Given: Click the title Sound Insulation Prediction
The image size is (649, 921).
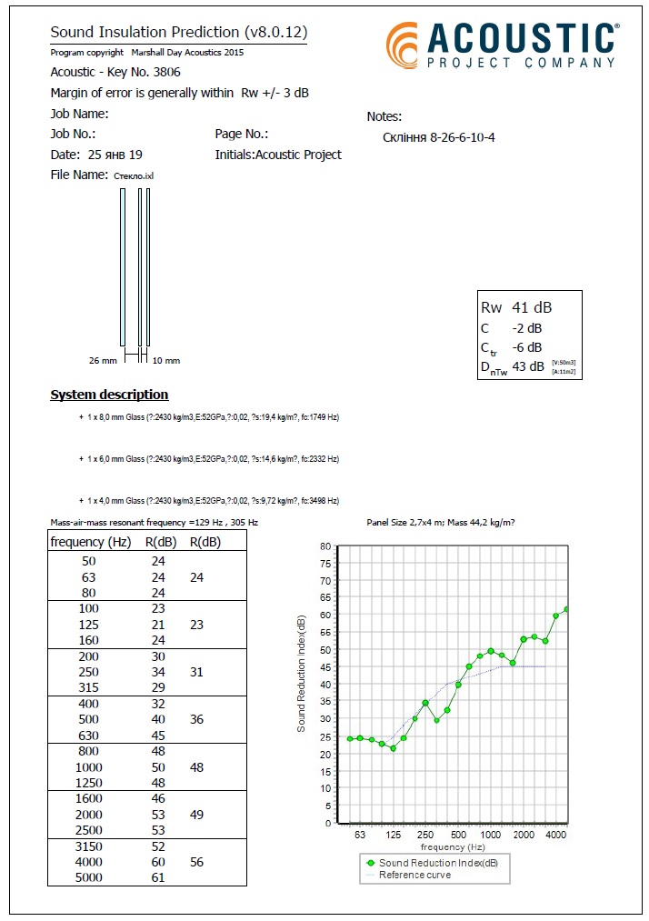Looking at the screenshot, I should coord(178,34).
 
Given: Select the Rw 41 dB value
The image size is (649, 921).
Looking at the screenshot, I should coord(516,307).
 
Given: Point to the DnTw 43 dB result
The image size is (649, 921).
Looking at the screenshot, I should coord(513,366).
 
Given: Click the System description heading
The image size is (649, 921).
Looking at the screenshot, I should coord(109,395).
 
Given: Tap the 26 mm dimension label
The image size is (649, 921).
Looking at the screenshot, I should coord(103,361).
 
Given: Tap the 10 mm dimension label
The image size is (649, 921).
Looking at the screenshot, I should coord(165,361).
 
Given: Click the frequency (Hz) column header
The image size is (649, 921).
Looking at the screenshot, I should coord(91,542).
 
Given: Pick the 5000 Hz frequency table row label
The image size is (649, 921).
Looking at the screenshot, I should coord(89,877).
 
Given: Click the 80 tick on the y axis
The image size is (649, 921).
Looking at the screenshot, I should coord(325,546).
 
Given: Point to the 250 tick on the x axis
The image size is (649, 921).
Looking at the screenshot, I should coord(425,834).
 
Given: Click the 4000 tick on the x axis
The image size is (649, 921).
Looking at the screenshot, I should coord(556,834).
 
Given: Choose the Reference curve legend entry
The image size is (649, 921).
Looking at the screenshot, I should coord(414,875).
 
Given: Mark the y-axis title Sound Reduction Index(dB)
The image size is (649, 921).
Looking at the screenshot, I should coord(301,673).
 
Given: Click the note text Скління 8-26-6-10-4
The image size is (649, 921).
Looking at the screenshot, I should coord(439,137).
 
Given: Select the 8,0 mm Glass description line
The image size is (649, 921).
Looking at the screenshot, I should coord(209,417).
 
